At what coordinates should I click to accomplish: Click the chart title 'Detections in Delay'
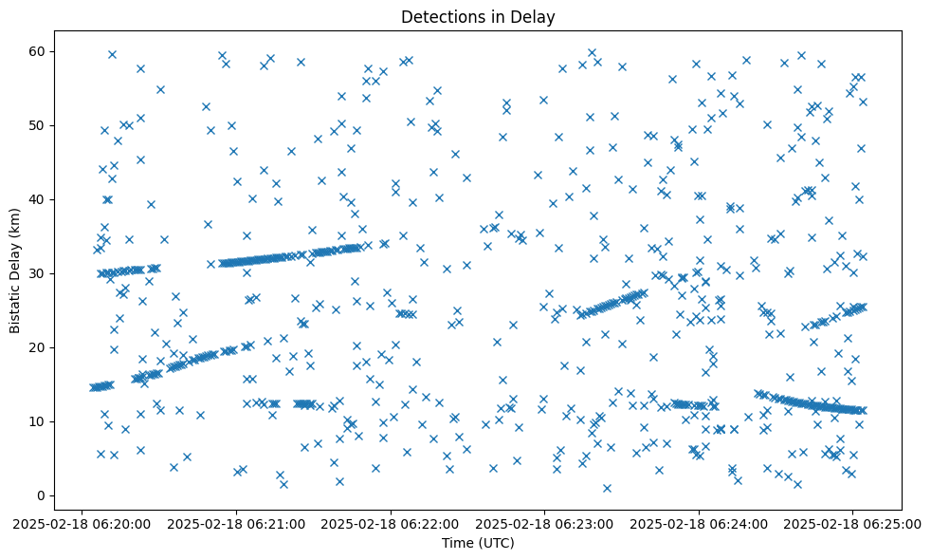478,16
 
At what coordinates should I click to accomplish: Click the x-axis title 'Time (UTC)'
478,543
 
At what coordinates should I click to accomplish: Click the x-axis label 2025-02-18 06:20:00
82,523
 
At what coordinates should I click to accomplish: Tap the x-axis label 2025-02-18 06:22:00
391,523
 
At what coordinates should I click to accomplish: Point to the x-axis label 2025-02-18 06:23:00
545,523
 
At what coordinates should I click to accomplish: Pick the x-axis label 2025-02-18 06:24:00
700,523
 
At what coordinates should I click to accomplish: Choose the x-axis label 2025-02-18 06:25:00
853,523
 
